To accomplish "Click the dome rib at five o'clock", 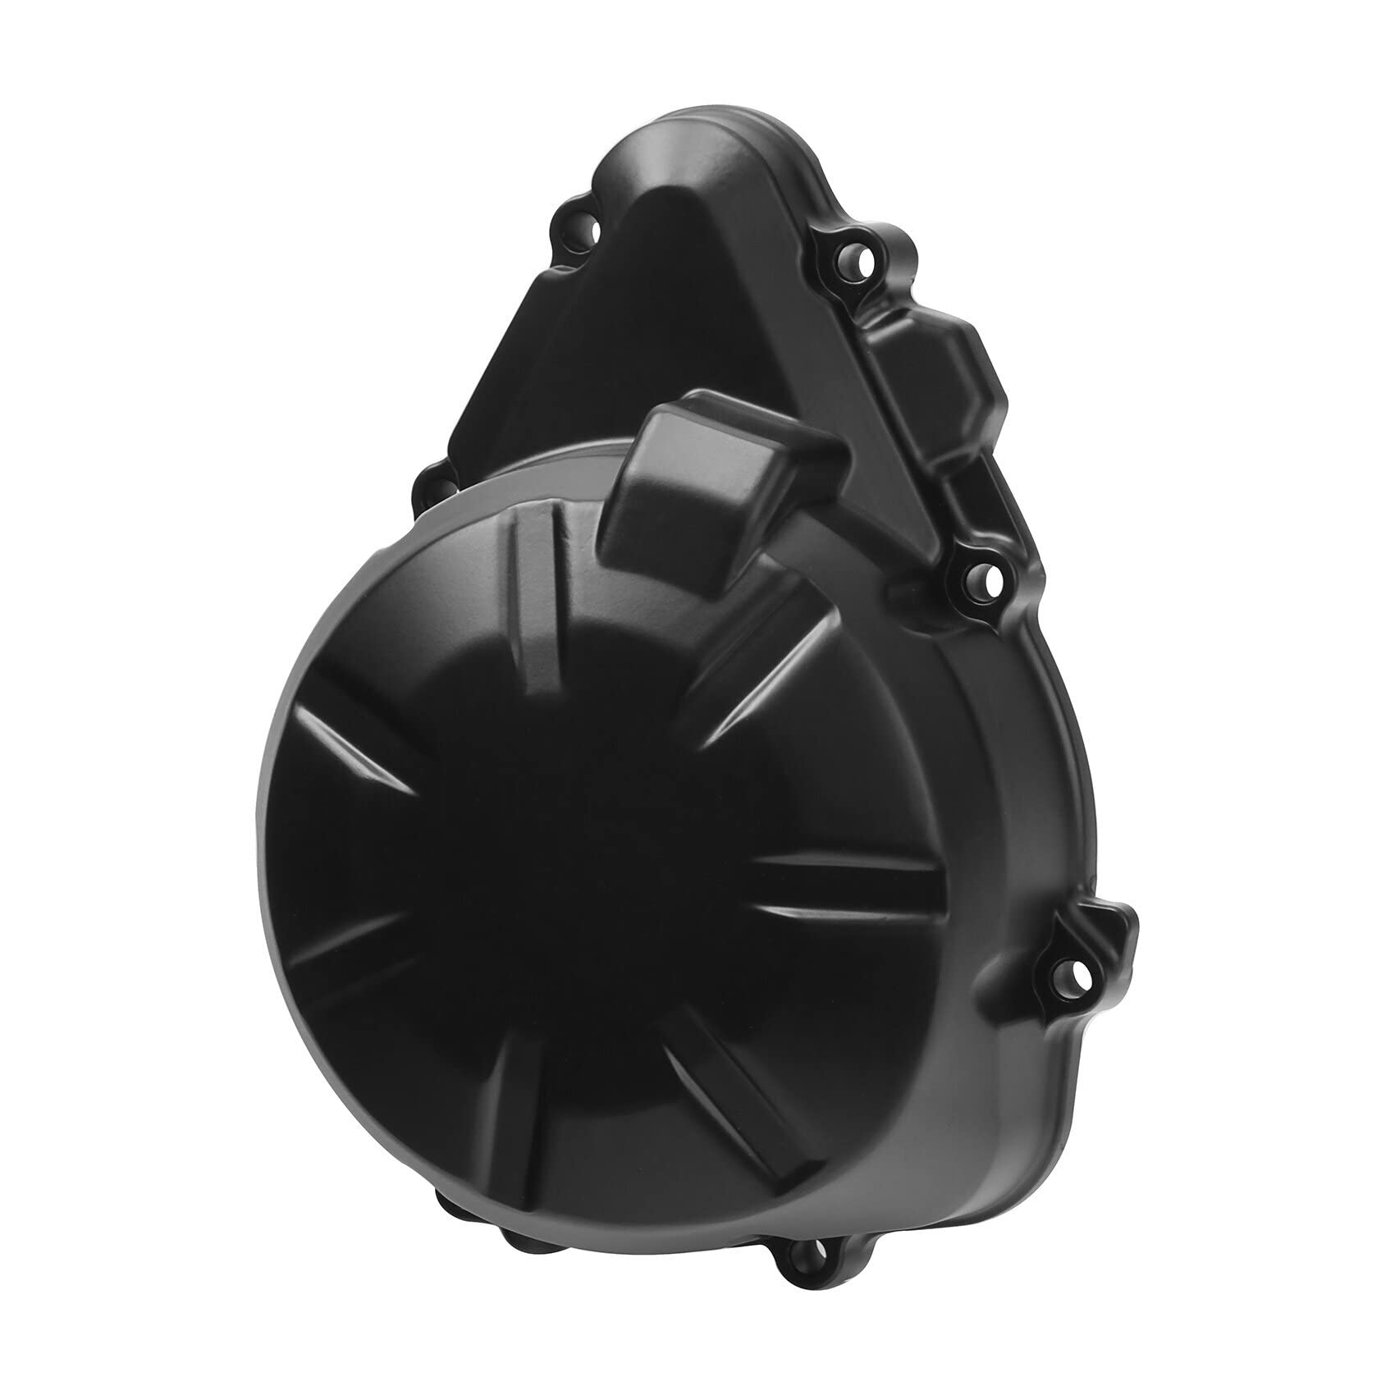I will tap(722, 1100).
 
